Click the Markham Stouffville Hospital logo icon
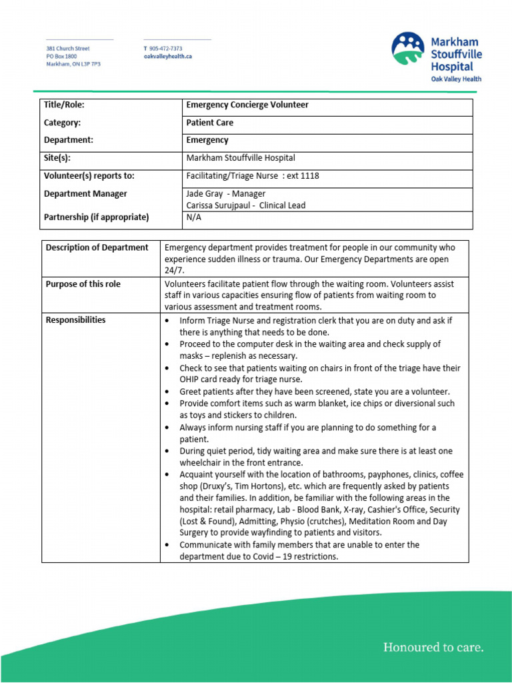coord(407,49)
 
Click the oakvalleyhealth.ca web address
coord(168,57)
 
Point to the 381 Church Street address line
coord(68,49)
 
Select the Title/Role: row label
coord(64,105)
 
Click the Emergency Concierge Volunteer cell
coord(247,105)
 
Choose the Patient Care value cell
coord(210,123)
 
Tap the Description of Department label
coord(97,247)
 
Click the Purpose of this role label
coord(83,284)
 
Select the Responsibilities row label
coord(75,320)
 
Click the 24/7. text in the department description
coord(175,271)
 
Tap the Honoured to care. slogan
coord(433,647)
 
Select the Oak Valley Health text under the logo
coord(455,79)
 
